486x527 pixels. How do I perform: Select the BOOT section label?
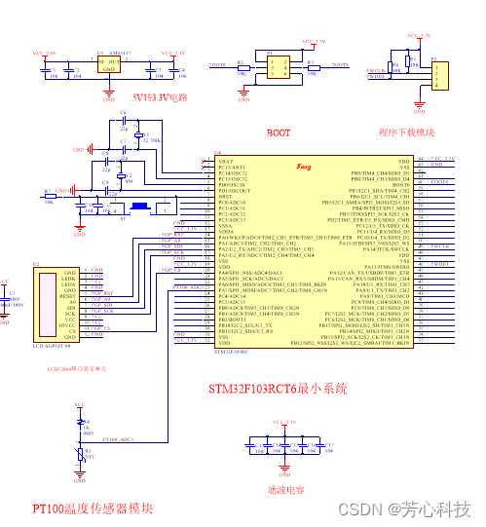278,132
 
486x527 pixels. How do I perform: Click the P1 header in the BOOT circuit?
279,65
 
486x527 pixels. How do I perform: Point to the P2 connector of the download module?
441,74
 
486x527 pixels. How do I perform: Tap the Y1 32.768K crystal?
139,139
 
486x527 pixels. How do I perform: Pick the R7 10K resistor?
49,191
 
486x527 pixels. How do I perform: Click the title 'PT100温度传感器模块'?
93,508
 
